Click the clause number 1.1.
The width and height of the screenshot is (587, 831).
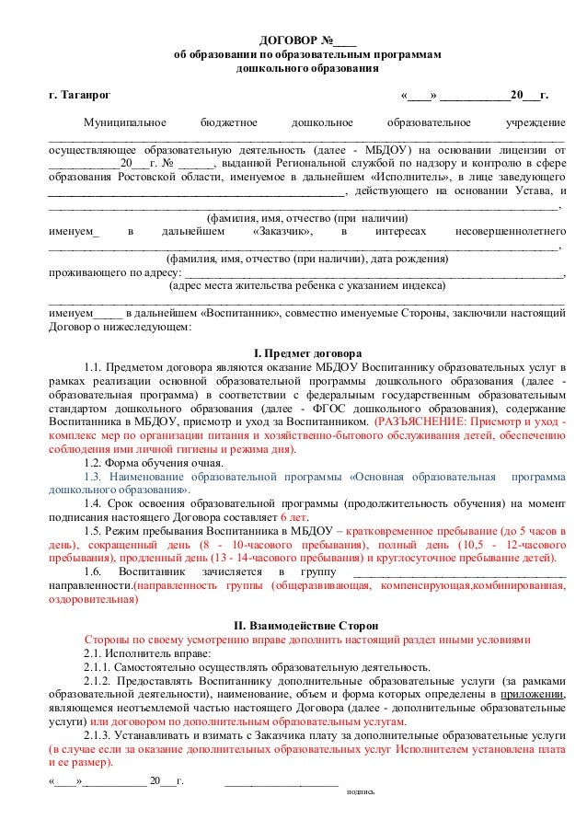coord(94,368)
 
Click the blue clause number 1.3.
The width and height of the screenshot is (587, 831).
coord(94,478)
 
